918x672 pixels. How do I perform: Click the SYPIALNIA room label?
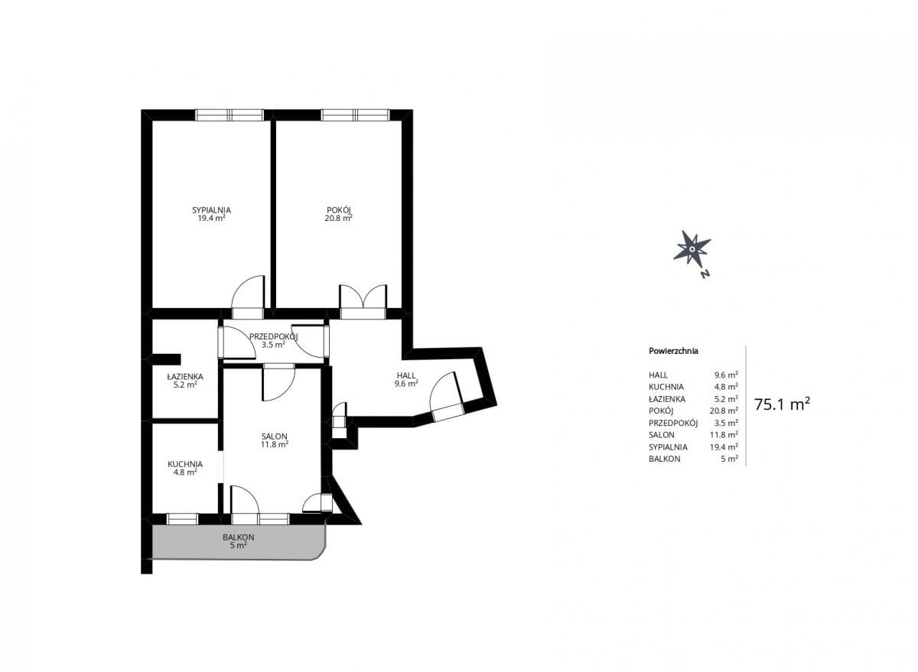click(211, 210)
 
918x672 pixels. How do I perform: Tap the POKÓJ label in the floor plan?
click(338, 210)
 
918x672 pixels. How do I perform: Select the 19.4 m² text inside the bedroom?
click(211, 219)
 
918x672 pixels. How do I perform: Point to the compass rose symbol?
click(692, 248)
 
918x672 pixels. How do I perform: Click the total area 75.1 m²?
click(782, 404)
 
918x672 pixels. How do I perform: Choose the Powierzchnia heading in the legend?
click(673, 351)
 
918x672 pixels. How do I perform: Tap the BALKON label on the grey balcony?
click(239, 537)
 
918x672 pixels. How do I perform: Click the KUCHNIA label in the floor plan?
click(185, 464)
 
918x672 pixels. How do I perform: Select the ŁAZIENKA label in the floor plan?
click(185, 376)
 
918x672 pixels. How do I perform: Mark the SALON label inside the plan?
click(275, 437)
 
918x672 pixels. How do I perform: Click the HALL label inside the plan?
click(406, 375)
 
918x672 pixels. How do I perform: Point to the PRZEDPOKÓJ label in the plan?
click(274, 336)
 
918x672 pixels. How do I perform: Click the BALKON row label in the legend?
click(664, 459)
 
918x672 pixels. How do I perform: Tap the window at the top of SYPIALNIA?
click(229, 115)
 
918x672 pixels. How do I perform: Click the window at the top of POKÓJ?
click(355, 115)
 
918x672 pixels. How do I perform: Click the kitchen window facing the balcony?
click(183, 519)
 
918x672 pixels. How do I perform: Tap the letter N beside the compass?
click(705, 274)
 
